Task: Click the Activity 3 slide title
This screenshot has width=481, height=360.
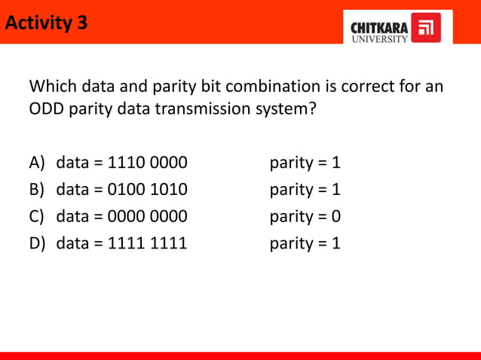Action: click(x=46, y=23)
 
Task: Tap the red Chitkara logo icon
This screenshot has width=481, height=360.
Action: click(x=427, y=28)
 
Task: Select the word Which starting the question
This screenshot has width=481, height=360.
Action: click(x=54, y=85)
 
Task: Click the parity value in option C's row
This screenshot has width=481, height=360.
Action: click(x=335, y=217)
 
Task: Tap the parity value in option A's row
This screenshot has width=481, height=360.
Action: click(x=335, y=163)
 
